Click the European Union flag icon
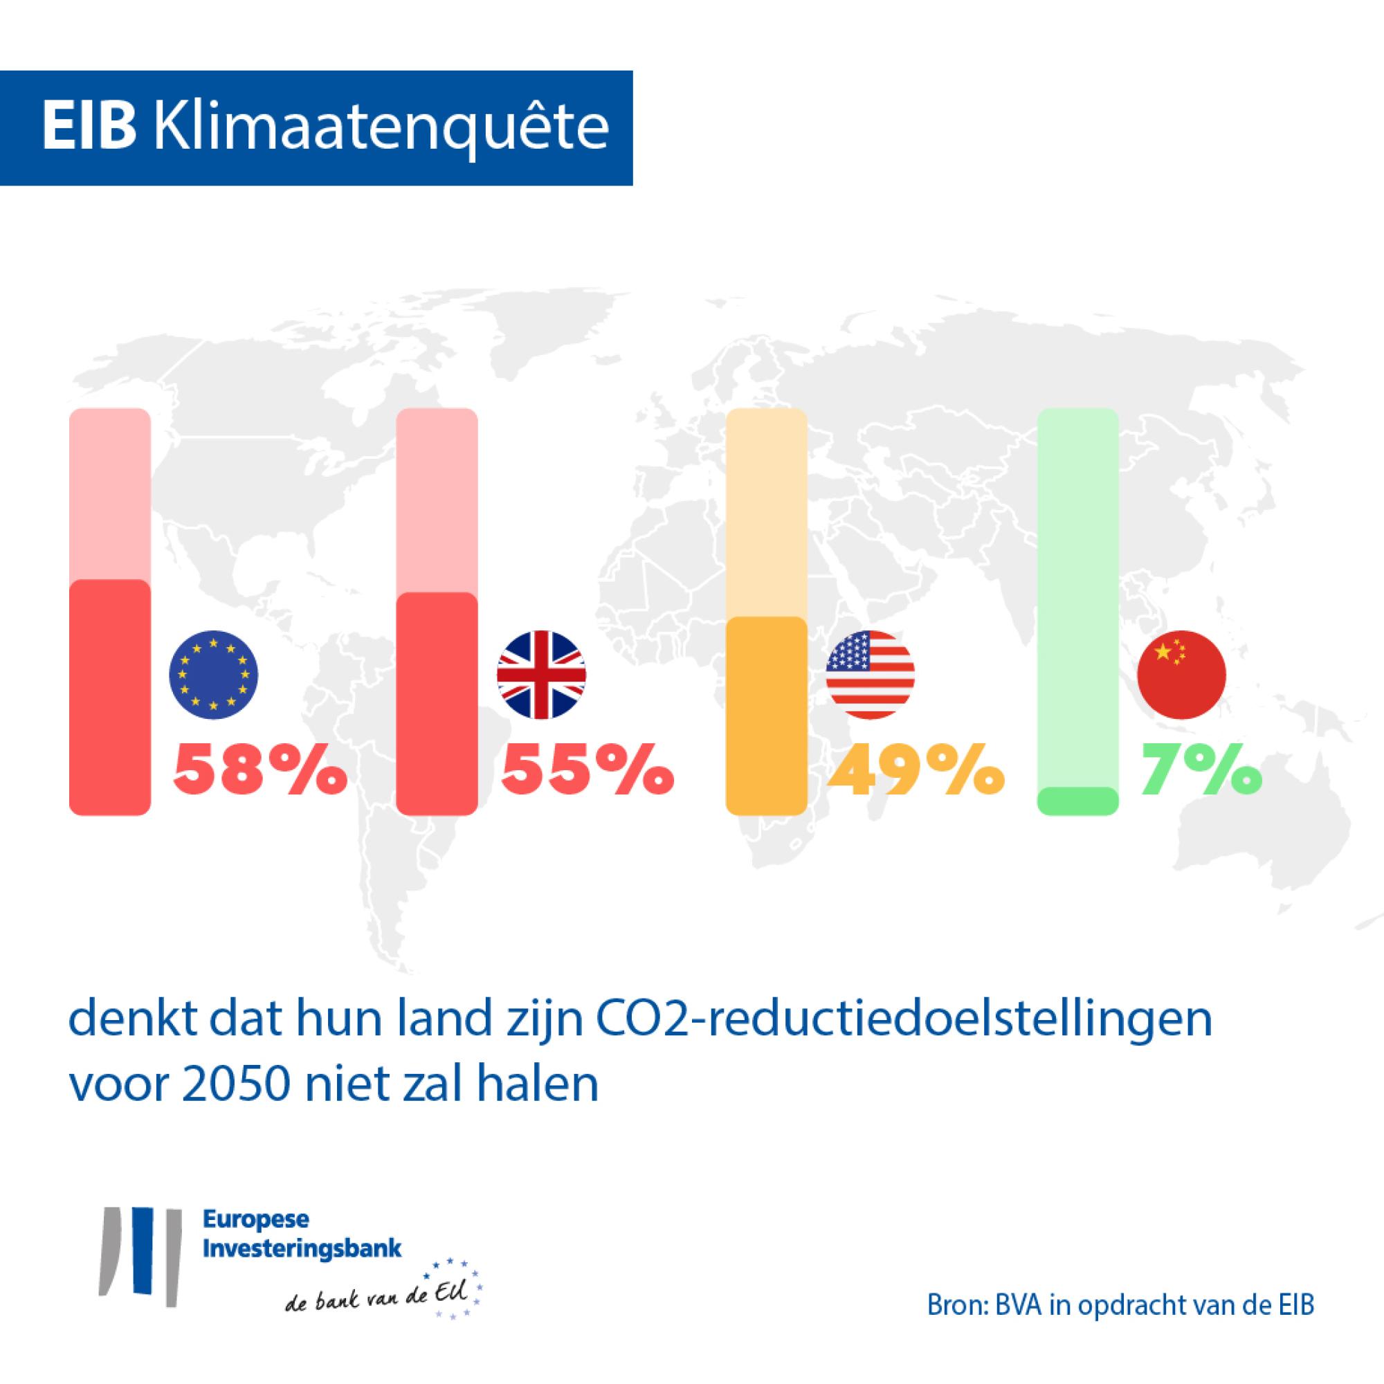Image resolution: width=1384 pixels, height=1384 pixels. [x=212, y=675]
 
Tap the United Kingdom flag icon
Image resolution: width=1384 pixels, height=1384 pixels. [x=542, y=675]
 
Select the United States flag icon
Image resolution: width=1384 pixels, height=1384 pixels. [x=870, y=675]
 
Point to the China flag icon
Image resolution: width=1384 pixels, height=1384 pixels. [x=1182, y=675]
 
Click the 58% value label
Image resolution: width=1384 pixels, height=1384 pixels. [x=259, y=769]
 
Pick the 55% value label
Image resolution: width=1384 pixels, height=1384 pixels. [x=587, y=769]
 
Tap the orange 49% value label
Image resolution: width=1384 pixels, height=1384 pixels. [x=914, y=769]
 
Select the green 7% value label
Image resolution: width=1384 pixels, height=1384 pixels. [x=1201, y=769]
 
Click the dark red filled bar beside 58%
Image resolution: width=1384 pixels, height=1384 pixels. [x=109, y=696]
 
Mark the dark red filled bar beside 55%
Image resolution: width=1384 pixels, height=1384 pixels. [x=437, y=704]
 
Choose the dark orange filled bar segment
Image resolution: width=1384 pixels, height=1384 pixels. [x=767, y=715]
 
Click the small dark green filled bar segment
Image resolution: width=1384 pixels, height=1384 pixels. [x=1078, y=800]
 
